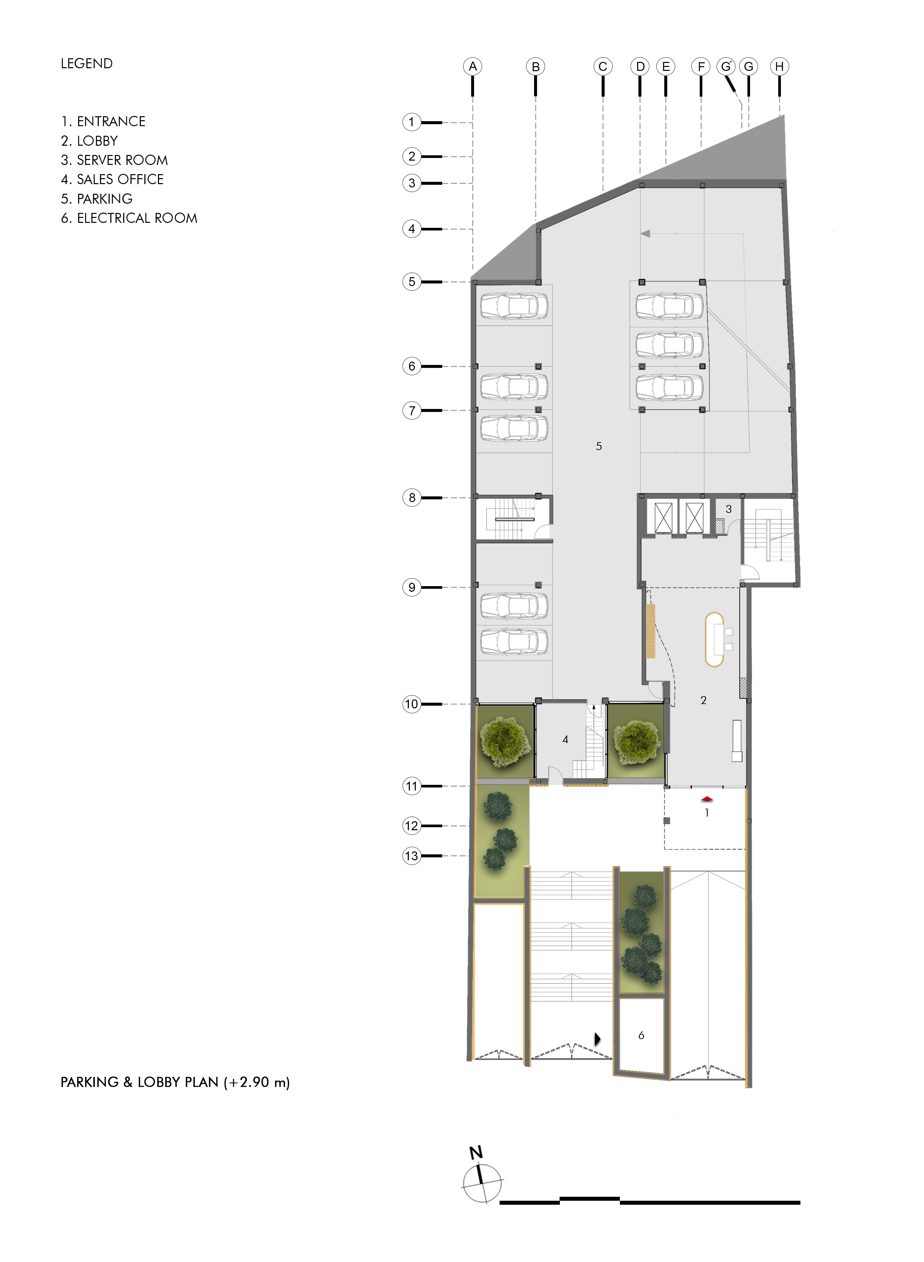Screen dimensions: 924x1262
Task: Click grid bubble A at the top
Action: point(473,67)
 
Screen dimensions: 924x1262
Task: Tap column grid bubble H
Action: point(779,67)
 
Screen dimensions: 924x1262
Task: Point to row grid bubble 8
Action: point(412,497)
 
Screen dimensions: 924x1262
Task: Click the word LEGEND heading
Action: point(87,64)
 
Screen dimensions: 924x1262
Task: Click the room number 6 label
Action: point(641,1035)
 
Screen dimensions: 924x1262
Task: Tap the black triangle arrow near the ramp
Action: point(597,1039)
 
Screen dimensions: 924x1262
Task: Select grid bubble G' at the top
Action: point(726,67)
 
